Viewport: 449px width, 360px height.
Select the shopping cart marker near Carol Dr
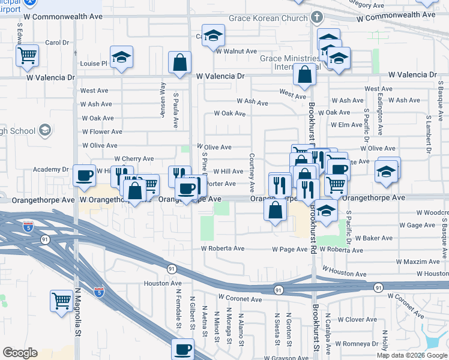[x=27, y=56]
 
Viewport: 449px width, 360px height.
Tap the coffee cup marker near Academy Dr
[x=85, y=175]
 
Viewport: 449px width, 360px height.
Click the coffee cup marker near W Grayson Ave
[x=182, y=349]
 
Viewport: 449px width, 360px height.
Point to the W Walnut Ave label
[x=241, y=51]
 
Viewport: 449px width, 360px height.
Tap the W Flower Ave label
[x=102, y=132]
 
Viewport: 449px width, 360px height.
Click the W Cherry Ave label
[x=134, y=159]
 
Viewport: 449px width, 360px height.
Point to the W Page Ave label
[x=289, y=249]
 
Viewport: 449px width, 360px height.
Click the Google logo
[x=20, y=353]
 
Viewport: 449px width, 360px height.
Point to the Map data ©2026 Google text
[x=412, y=355]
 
